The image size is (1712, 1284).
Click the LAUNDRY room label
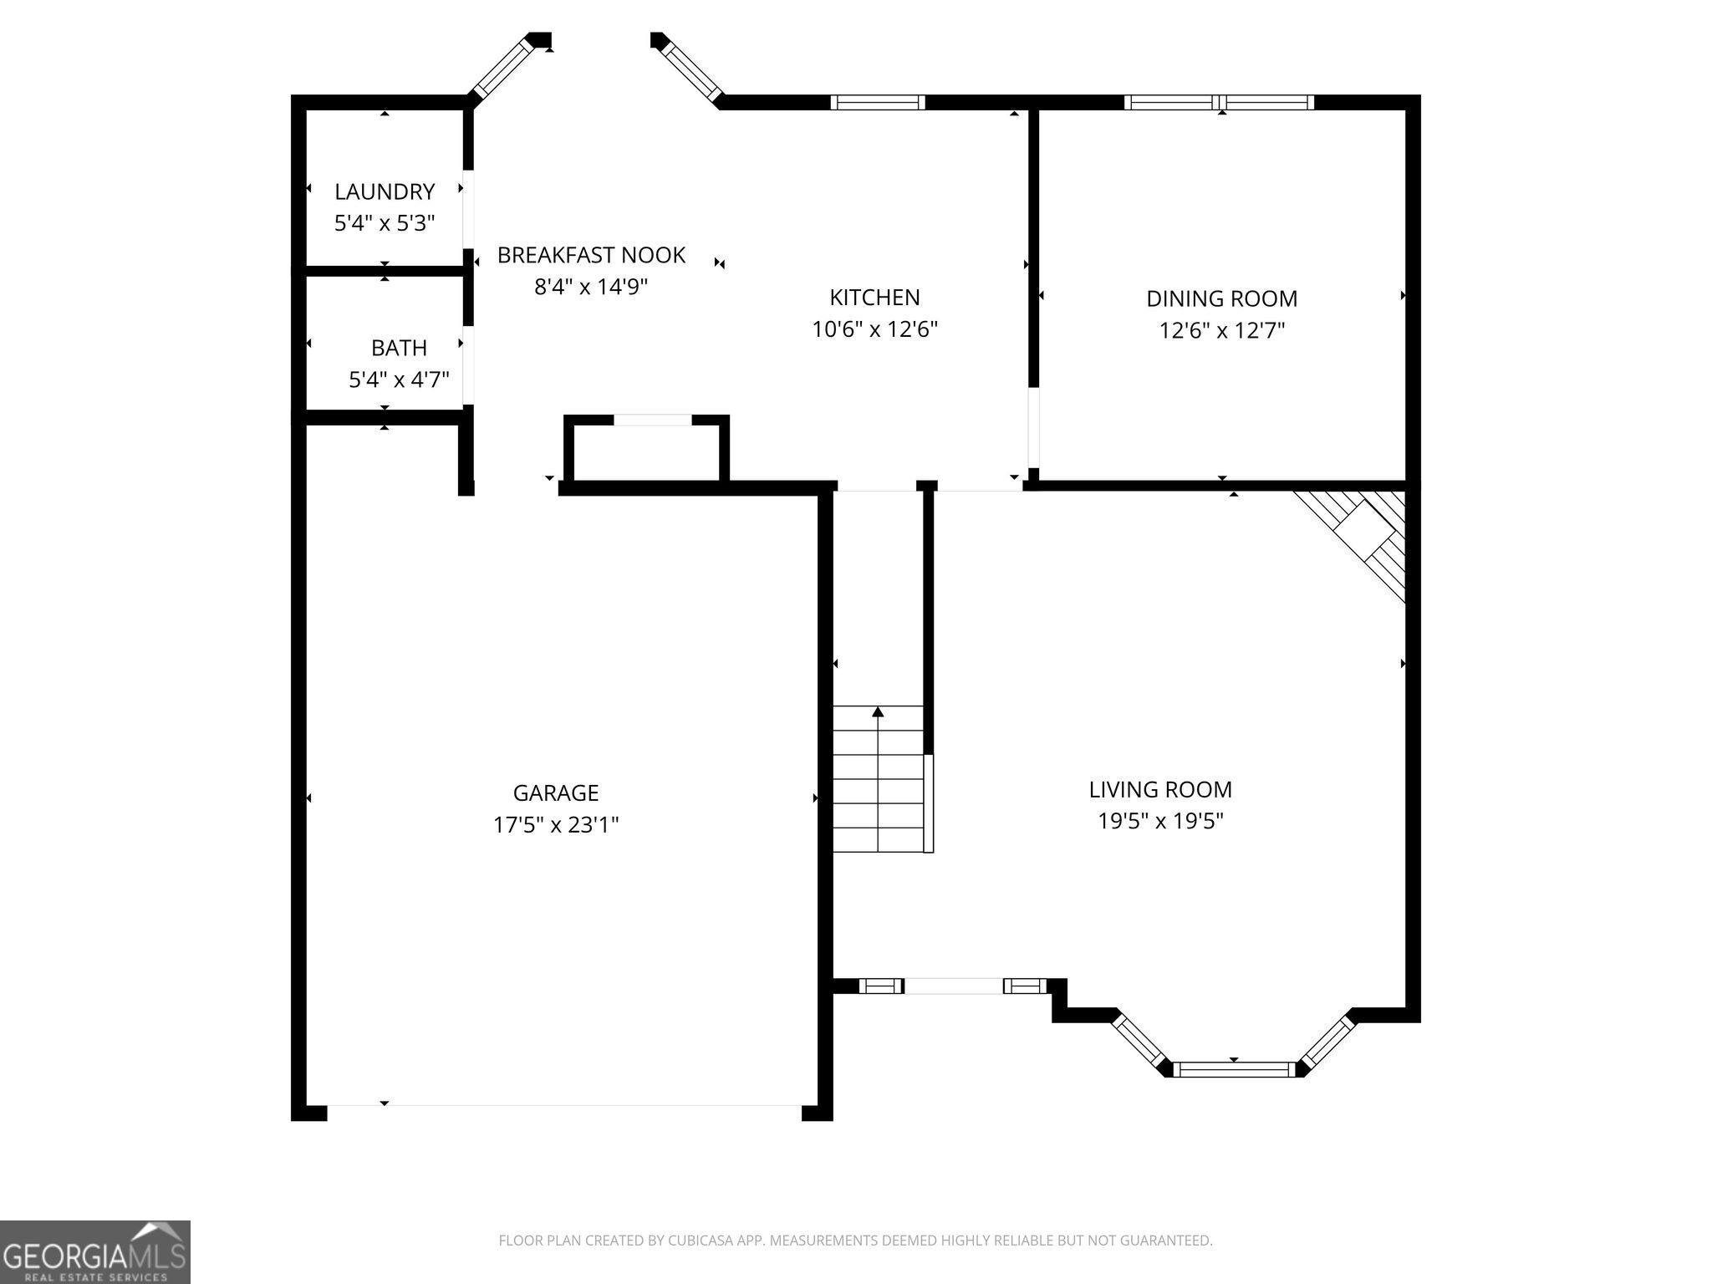point(385,191)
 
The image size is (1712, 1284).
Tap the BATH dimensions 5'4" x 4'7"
point(399,380)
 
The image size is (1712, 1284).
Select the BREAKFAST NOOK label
point(591,255)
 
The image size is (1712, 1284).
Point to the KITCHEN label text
point(874,298)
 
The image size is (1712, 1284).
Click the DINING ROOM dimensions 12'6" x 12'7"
point(1221,331)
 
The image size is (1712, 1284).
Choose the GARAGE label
point(556,792)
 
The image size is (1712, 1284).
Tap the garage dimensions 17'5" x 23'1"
point(556,825)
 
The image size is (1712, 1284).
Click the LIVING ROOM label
point(1160,789)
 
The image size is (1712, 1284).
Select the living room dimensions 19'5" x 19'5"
point(1160,822)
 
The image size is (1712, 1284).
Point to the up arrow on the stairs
point(878,712)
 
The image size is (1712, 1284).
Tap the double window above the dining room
point(1219,102)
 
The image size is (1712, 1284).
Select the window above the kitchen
point(878,102)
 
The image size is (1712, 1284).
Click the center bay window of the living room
point(1234,1068)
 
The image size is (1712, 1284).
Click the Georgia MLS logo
point(94,1252)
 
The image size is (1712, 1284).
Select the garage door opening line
point(564,1105)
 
